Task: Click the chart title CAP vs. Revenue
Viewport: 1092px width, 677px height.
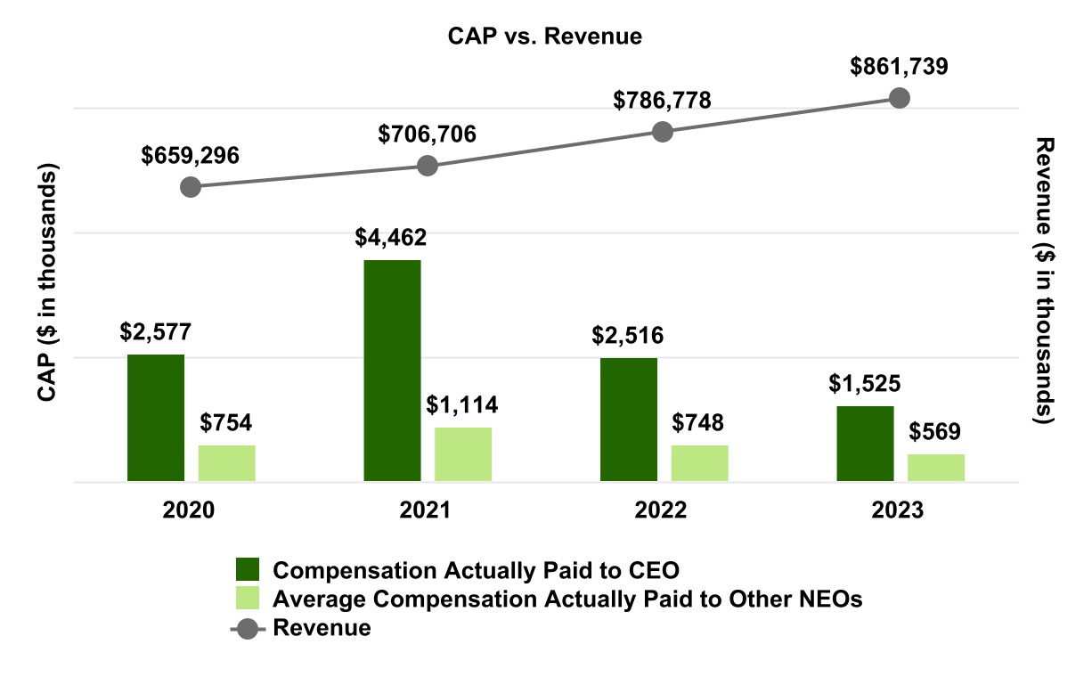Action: (544, 37)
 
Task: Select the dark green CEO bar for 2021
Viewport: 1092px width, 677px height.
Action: (392, 371)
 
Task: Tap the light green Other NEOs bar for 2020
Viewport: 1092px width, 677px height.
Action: (226, 463)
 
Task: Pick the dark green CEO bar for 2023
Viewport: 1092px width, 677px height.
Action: (865, 444)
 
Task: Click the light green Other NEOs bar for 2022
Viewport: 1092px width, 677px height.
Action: (699, 463)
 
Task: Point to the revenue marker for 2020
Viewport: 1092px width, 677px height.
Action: (190, 187)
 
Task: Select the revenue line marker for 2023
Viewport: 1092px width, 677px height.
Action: (900, 97)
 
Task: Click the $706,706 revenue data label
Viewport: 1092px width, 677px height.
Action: (427, 135)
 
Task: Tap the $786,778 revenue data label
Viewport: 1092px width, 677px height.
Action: (662, 101)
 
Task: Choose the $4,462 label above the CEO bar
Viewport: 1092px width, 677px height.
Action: (392, 238)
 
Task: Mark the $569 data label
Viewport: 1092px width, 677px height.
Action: (935, 432)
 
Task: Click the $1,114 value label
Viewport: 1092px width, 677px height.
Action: (462, 405)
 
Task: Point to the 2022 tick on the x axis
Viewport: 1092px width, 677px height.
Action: (662, 510)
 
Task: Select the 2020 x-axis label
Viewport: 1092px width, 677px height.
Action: (190, 510)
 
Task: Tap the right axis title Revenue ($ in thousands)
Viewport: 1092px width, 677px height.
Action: (1045, 281)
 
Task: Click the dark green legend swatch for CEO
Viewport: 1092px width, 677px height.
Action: (247, 570)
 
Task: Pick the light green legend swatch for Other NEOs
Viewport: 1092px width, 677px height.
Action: (247, 599)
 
